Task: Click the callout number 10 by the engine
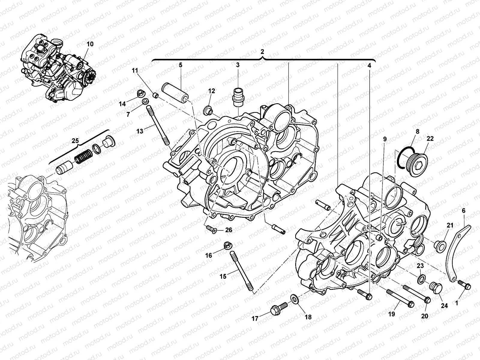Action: (x=90, y=44)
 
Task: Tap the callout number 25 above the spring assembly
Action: (x=76, y=140)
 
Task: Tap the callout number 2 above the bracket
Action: (x=262, y=51)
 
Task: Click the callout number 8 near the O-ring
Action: (x=417, y=131)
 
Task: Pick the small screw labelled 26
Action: (x=211, y=230)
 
